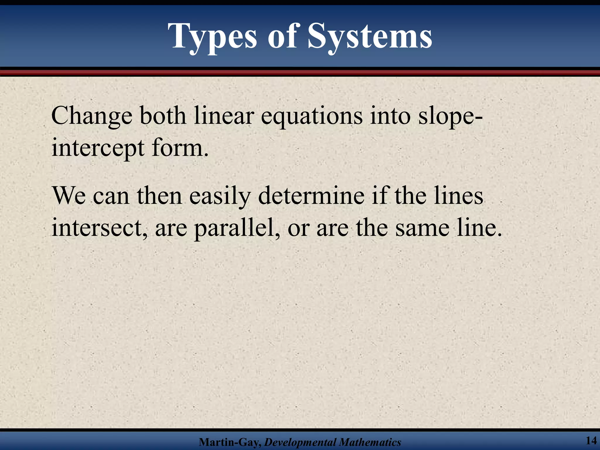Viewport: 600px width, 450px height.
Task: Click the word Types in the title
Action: point(213,37)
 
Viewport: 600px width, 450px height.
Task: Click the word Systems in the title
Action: point(370,37)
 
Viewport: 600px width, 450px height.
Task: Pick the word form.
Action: point(180,148)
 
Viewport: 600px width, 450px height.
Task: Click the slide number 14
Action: point(591,440)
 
